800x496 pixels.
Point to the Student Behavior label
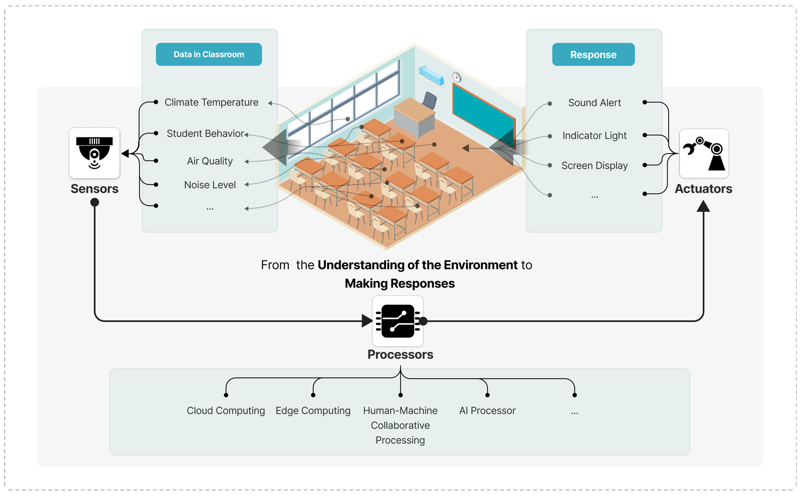(205, 133)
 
